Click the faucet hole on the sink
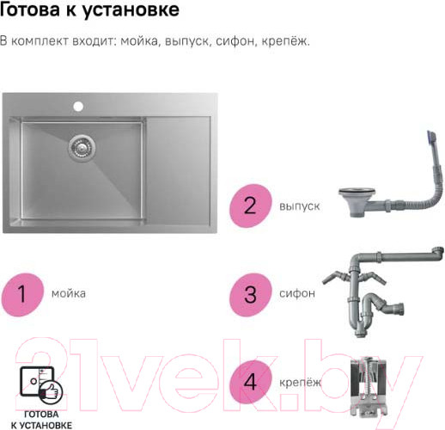pos(78,106)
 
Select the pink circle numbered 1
pos(22,294)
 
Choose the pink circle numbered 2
pos(250,206)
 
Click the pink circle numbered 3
pos(250,294)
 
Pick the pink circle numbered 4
pos(250,382)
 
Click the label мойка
pos(69,293)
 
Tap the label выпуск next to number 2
pos(300,206)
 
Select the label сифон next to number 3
pos(297,293)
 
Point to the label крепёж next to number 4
pos(301,382)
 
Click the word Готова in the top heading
pos(29,9)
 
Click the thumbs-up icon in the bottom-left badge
pos(51,391)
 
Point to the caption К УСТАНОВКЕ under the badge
pos(41,425)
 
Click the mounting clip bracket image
pos(369,387)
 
